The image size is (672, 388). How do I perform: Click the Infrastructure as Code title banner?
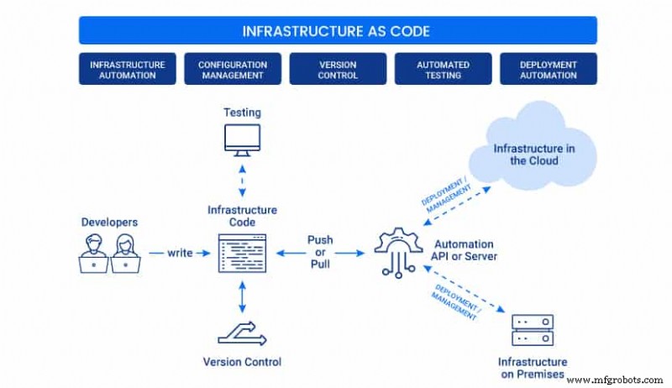[x=337, y=31]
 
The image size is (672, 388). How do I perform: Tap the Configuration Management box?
[x=233, y=69]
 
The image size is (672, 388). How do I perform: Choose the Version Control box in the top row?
[x=338, y=69]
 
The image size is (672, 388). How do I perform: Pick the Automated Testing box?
[x=443, y=69]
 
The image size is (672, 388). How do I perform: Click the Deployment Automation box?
[x=548, y=69]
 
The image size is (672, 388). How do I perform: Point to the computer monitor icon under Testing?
[x=242, y=139]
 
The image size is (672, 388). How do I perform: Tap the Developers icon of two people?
[x=110, y=252]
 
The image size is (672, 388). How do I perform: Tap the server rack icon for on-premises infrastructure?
[x=533, y=331]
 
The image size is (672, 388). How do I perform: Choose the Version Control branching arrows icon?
[x=242, y=333]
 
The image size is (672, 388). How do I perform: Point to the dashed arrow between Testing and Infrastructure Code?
[x=242, y=179]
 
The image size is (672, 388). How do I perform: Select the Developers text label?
[x=109, y=223]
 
